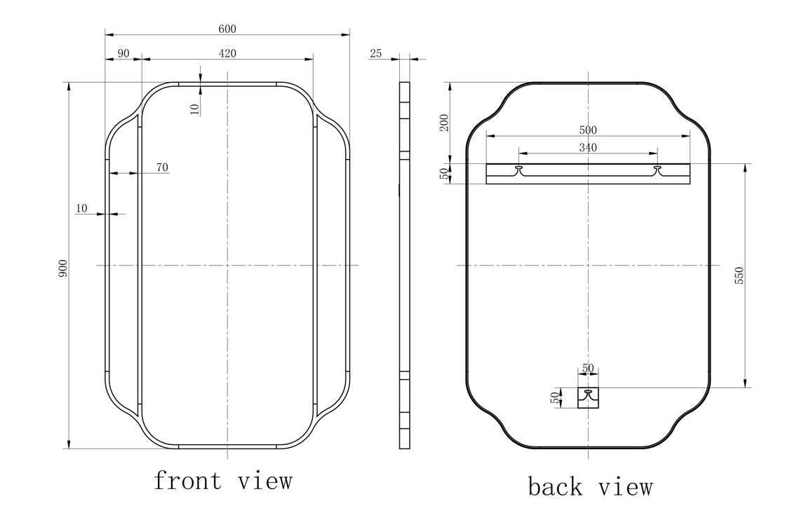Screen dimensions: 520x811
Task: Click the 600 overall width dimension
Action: (x=227, y=29)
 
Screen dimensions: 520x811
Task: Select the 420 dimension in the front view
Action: (x=227, y=53)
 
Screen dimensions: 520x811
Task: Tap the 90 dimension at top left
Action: (x=123, y=53)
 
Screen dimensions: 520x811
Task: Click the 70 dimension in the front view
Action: (x=161, y=167)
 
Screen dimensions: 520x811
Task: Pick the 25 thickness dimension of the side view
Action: (x=375, y=53)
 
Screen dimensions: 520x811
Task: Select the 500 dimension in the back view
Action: (x=588, y=130)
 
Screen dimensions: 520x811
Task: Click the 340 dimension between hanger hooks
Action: (x=588, y=147)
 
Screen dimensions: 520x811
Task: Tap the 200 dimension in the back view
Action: (x=443, y=123)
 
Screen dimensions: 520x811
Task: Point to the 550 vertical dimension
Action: (x=739, y=275)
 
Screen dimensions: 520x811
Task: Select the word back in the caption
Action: (x=555, y=486)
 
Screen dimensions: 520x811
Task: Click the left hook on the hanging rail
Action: (x=519, y=170)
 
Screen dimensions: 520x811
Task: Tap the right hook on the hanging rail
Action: (x=657, y=170)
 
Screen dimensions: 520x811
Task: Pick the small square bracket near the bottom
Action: (x=588, y=397)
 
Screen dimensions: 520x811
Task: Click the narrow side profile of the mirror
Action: (x=404, y=265)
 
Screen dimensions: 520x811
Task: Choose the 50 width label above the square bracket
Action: (x=588, y=369)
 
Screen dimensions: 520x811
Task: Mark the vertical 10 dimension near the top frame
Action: (x=195, y=107)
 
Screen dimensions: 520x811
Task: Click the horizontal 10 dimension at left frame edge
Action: (x=81, y=208)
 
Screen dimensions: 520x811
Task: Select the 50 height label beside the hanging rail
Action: (x=443, y=174)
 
